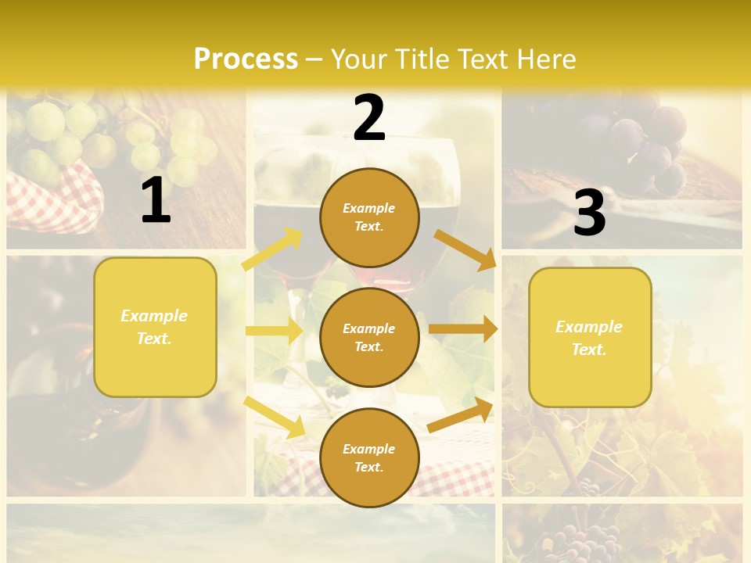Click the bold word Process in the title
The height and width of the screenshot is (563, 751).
pos(246,59)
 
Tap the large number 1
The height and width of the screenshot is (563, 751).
pos(156,200)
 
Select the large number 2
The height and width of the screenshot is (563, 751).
pos(369,118)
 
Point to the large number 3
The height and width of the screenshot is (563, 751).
pos(589,213)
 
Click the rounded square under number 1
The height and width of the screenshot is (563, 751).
pos(155,327)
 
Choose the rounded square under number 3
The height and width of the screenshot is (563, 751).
pos(590,337)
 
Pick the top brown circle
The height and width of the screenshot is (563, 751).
pos(369,217)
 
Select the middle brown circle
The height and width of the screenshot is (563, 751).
pos(369,337)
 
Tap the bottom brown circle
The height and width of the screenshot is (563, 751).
pos(369,457)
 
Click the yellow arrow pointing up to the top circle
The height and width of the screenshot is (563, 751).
pos(272,249)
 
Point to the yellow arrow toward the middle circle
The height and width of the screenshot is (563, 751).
pos(274,331)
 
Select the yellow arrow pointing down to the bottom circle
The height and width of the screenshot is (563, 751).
pos(274,416)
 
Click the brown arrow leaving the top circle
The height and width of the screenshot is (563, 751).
pos(465,249)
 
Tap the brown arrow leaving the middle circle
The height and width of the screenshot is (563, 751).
pos(462,329)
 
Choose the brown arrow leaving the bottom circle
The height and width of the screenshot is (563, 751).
pos(460,415)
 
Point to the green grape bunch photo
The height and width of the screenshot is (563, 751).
pos(117,141)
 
